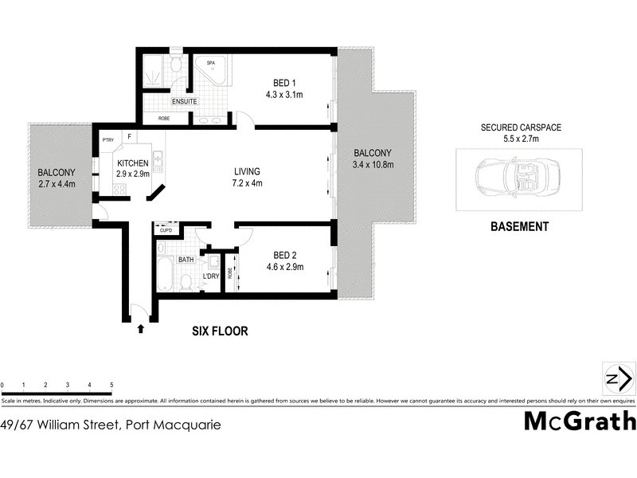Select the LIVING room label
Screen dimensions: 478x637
tap(247, 171)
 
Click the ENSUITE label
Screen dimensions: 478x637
tap(183, 102)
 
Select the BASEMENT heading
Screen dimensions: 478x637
tap(518, 226)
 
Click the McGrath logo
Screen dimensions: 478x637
tap(580, 421)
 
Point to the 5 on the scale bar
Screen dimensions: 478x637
tap(111, 385)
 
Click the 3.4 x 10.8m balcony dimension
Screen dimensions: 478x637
tap(373, 165)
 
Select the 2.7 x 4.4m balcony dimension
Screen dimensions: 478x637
tap(55, 185)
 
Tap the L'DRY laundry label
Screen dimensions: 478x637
tap(211, 276)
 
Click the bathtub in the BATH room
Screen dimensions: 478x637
tap(164, 275)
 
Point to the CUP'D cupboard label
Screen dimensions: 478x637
tap(166, 231)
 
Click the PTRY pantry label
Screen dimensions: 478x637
tap(108, 140)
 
